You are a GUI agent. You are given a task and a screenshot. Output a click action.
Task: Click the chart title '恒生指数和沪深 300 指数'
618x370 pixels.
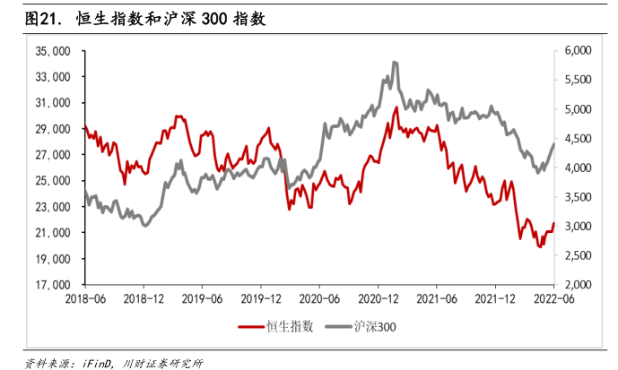(x=170, y=19)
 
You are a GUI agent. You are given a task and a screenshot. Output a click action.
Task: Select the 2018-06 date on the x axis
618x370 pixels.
(x=83, y=298)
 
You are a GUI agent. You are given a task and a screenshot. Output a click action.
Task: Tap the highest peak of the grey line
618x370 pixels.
(x=395, y=62)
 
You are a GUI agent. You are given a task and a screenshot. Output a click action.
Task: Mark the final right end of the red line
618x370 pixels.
(x=554, y=224)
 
